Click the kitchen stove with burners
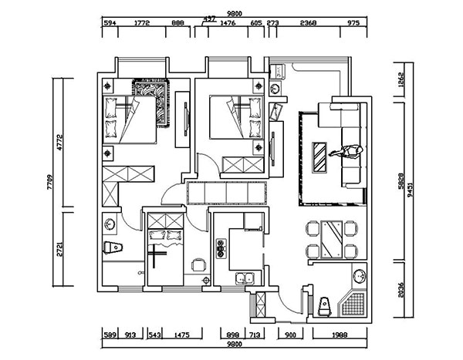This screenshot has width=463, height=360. (221, 249)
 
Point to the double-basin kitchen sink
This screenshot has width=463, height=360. (244, 278)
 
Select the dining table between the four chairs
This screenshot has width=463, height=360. (333, 238)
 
